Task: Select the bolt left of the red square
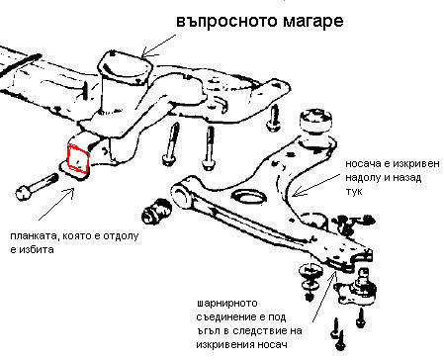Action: click(x=37, y=187)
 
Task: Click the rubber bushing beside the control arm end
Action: click(x=156, y=211)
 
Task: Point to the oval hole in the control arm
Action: click(x=248, y=198)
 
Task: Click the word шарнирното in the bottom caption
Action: click(x=226, y=303)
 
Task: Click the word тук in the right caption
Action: click(x=353, y=192)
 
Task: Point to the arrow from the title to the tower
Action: click(x=157, y=45)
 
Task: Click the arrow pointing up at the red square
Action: click(x=56, y=204)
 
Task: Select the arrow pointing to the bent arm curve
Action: click(x=315, y=186)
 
